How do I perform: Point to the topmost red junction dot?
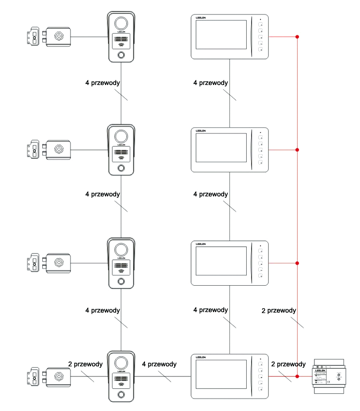298,37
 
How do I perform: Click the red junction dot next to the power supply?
298,376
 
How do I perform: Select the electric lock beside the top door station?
50,36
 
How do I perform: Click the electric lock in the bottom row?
50,376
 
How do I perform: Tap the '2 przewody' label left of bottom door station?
85,364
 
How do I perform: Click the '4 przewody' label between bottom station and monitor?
159,364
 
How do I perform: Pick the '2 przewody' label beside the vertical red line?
279,311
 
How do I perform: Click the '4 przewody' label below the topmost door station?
102,83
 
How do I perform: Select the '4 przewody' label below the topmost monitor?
210,83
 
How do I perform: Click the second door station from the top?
121,150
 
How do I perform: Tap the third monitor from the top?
230,263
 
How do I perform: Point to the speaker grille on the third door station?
121,267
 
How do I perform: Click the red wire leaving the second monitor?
283,150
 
